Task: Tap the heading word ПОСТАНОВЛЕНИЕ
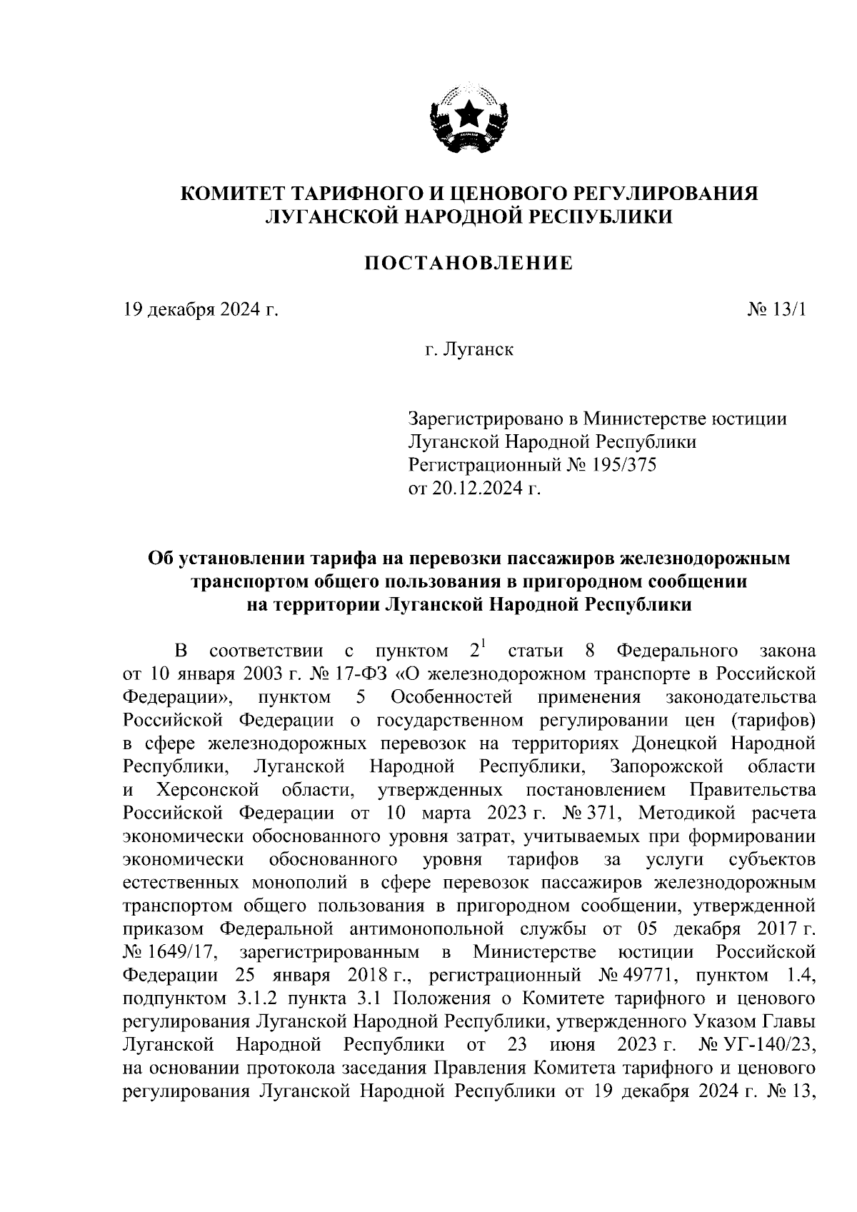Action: [468, 264]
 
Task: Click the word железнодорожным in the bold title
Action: [705, 558]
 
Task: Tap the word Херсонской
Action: [207, 791]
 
